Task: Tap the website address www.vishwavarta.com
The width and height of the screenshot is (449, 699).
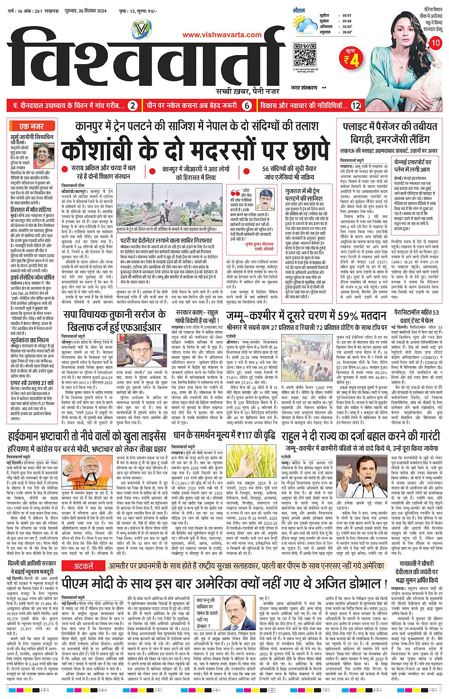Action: [222, 35]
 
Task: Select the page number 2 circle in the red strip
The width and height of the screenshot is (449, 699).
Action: [133, 106]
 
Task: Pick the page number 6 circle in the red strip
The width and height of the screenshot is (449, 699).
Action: [247, 106]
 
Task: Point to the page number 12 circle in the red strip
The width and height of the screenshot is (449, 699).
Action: [355, 106]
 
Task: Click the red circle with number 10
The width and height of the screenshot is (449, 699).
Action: [435, 43]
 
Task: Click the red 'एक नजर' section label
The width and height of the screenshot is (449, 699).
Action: [31, 126]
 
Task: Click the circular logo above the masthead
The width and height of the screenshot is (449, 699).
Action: [142, 30]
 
